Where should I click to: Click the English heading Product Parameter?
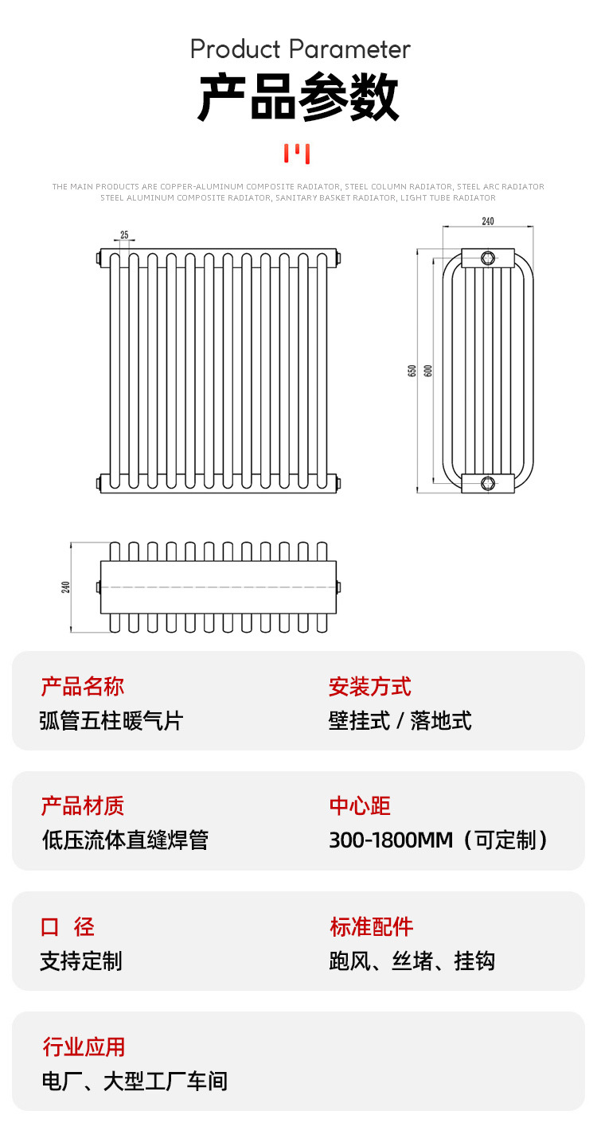tap(300, 49)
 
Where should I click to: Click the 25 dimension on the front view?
tap(124, 235)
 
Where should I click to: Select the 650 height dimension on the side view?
tap(412, 370)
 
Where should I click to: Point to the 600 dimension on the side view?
tap(427, 370)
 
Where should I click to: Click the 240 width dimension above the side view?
tap(488, 221)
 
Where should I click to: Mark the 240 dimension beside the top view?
tap(66, 587)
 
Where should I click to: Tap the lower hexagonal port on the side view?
tap(488, 482)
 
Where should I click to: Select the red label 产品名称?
tap(83, 686)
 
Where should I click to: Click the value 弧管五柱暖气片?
tap(111, 721)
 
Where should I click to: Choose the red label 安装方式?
tap(370, 686)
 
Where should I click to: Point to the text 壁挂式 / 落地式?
tap(400, 721)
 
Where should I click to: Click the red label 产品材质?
tap(83, 806)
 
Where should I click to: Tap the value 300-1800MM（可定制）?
tap(439, 840)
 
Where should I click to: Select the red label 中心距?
tap(360, 806)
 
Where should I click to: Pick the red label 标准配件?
tap(372, 926)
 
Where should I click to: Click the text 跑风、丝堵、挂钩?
tap(412, 961)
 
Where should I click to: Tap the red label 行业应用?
tap(84, 1047)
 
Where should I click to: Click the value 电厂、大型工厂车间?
tap(134, 1082)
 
